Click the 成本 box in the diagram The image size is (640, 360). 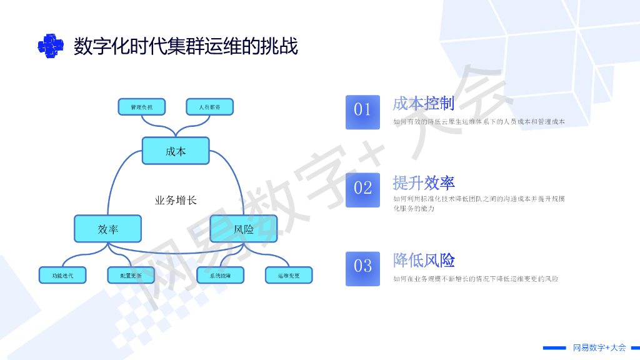176,151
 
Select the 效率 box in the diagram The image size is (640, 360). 108,229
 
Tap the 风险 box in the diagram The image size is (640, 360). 244,229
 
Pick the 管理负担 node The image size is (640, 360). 141,107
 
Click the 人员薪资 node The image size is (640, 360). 209,107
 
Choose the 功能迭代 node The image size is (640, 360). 63,275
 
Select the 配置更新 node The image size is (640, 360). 131,275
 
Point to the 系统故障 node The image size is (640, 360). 220,275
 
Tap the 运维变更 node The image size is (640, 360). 289,275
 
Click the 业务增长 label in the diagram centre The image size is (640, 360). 176,201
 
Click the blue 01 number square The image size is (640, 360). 362,112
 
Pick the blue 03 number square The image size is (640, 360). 362,268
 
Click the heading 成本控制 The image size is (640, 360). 423,103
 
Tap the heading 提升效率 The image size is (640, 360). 423,182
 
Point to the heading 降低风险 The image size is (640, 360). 423,260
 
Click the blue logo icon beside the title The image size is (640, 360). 51,46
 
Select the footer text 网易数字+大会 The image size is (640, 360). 599,347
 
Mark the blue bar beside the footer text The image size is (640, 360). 554,347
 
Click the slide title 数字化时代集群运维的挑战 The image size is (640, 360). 186,46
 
